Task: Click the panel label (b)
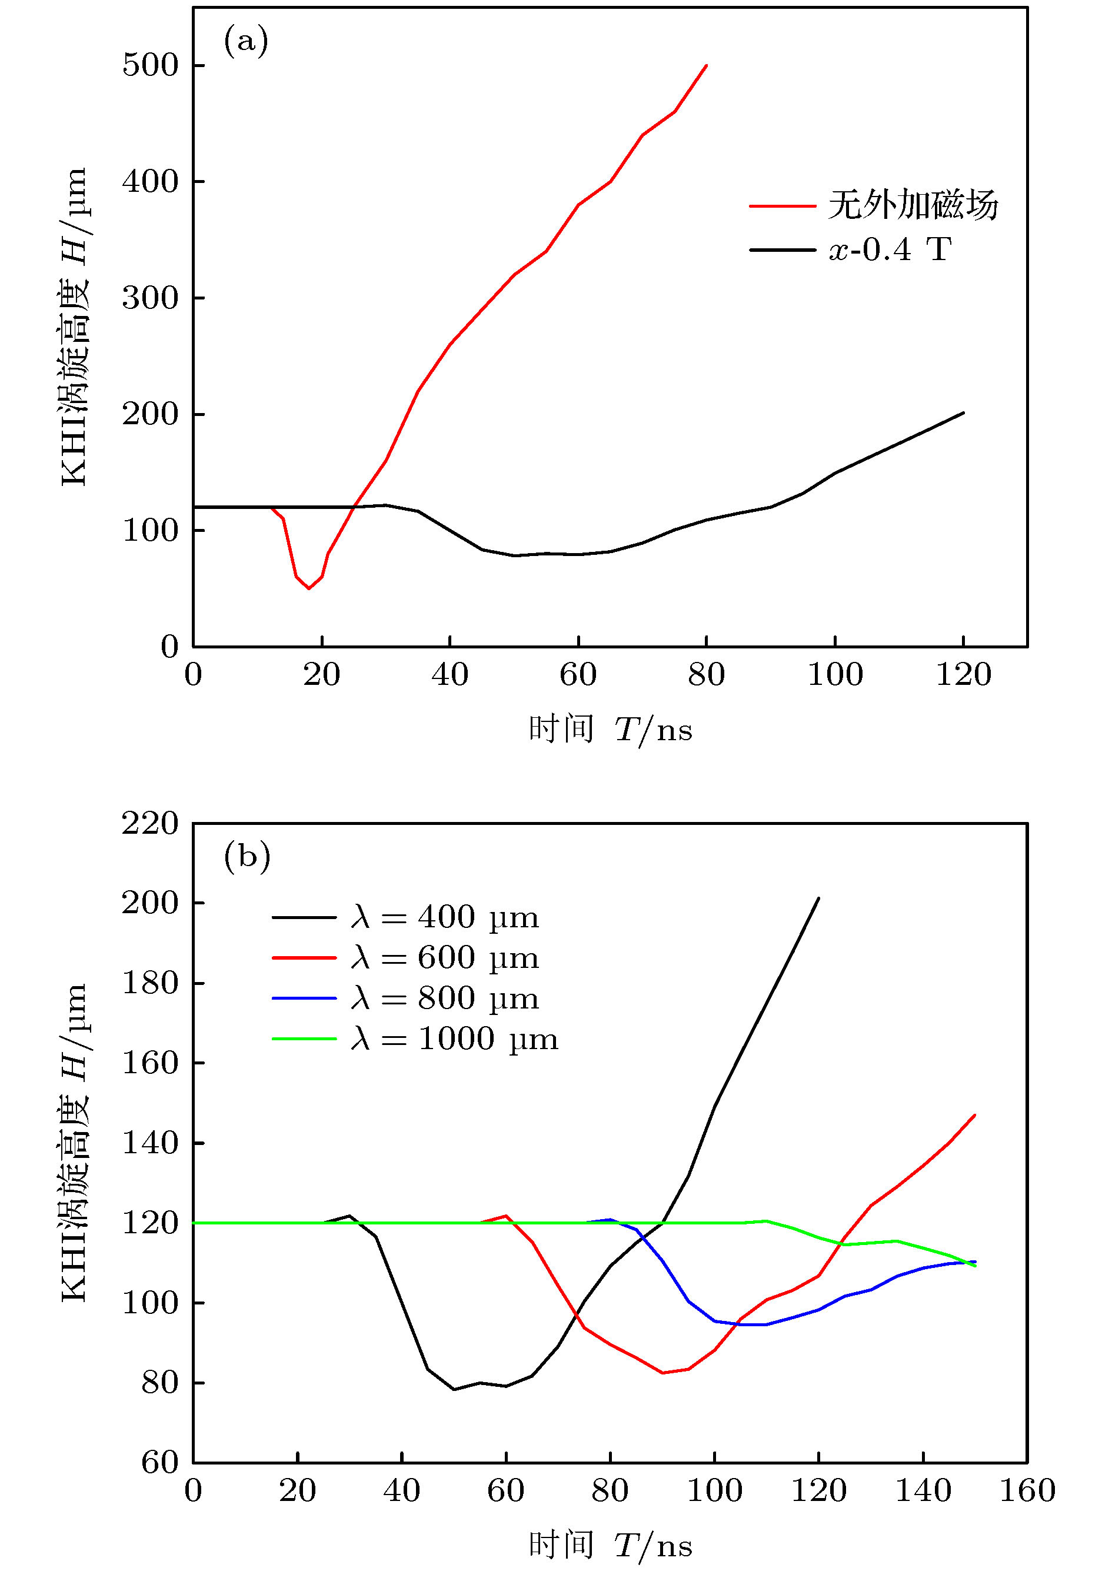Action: point(247,857)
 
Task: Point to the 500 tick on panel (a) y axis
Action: point(150,66)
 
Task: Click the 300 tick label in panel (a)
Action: point(150,298)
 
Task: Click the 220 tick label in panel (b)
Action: point(150,824)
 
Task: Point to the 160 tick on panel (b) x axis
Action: point(1027,1491)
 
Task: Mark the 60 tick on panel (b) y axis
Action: point(159,1463)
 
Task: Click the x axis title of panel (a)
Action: point(610,730)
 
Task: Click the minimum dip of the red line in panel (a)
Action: point(309,588)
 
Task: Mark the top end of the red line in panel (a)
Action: point(707,65)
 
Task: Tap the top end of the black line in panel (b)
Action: point(818,898)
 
